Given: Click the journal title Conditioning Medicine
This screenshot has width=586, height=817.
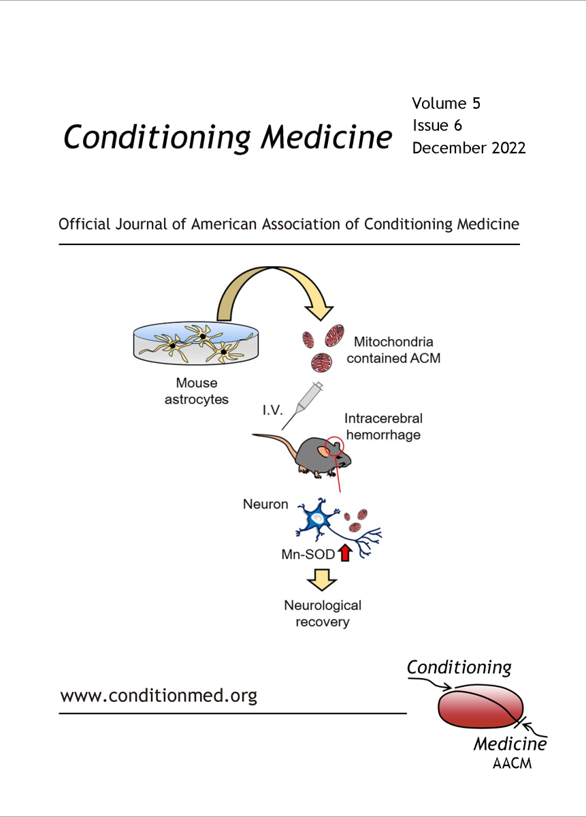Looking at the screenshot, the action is coord(227,138).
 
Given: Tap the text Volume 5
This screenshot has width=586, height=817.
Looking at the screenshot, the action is coord(446,103).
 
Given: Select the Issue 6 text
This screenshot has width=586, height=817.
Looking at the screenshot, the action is coord(437,125).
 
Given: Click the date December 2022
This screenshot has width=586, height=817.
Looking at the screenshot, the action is coord(469,148).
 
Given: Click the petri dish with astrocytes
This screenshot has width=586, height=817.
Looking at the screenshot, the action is coord(196,343).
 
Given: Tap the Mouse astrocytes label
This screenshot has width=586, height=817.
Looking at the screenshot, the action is coord(197,391).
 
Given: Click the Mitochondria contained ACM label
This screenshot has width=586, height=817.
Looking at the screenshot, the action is coord(393,350).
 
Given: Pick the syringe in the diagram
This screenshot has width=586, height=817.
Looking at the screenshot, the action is coord(303,405).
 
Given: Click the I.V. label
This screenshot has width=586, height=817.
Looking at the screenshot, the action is coord(273,411).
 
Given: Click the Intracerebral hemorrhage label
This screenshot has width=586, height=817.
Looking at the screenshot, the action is coord(383,426).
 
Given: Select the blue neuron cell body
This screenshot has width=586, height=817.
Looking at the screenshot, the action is coord(316,518).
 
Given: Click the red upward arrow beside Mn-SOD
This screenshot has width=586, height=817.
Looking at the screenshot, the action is coord(345,552).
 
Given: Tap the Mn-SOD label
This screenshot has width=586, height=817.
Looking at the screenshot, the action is coord(308,554).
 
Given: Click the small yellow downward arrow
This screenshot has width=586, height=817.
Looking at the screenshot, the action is coord(322,579).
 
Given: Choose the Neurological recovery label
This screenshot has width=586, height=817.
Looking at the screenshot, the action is coord(323,613).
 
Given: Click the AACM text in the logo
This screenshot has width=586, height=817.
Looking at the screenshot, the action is coord(512,763).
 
